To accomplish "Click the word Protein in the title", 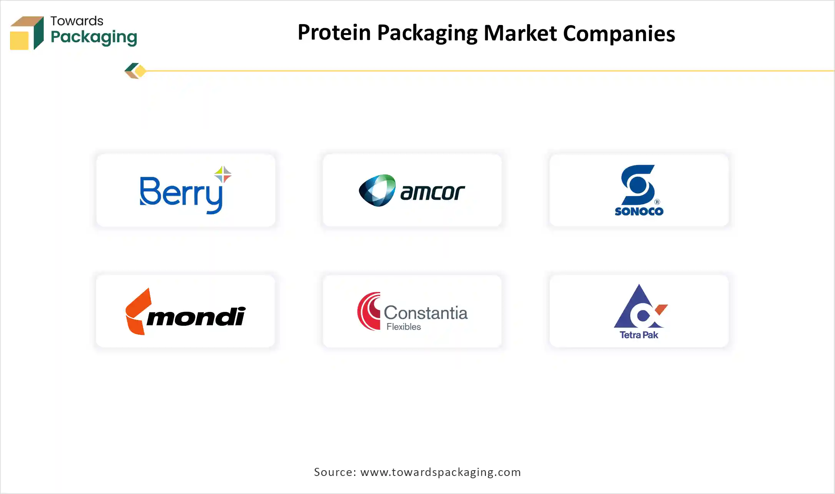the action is click(x=334, y=33).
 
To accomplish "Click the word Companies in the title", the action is click(x=619, y=34).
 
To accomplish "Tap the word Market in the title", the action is click(x=520, y=33).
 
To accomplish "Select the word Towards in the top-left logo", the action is click(x=77, y=21).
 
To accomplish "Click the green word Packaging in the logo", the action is click(x=94, y=37).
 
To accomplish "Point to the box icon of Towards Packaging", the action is click(x=27, y=33).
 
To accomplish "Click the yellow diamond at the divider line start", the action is click(x=140, y=71).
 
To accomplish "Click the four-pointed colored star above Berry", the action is click(x=223, y=174).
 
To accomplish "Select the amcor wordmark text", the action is click(x=432, y=192).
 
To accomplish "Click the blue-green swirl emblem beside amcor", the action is click(x=377, y=191).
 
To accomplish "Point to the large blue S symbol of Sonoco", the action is click(x=638, y=185).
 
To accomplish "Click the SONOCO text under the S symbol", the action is click(x=639, y=212).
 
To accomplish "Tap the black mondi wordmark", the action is click(x=196, y=317).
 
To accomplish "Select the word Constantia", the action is click(x=426, y=313).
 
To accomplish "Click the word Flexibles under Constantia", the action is click(x=404, y=327).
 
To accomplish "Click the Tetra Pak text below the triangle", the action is click(x=639, y=335).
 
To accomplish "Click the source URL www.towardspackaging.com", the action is click(x=441, y=472).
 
